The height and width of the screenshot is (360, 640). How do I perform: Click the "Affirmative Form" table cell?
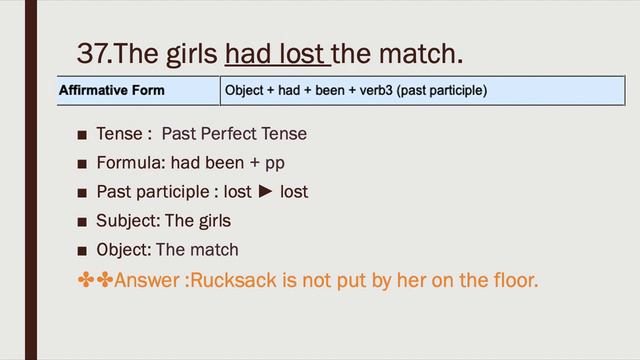[x=112, y=91]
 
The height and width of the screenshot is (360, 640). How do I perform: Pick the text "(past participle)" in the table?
[x=442, y=91]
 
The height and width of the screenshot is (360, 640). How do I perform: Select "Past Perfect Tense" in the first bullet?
[x=234, y=133]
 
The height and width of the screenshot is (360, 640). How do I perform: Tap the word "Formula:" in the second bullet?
[x=130, y=162]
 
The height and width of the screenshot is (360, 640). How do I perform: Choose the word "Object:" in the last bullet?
[x=124, y=249]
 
